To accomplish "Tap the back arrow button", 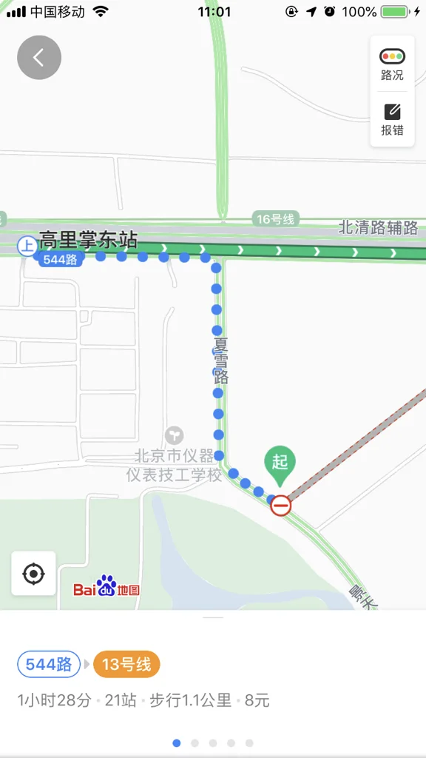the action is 39,57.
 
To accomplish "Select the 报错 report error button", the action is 392,120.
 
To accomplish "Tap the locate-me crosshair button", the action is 33,574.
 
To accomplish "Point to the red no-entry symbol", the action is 280,506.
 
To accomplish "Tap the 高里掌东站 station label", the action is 88,240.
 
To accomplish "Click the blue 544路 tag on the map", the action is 59,259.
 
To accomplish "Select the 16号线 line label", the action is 274,218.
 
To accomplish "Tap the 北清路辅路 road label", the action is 378,227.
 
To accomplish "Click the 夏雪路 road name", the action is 220,360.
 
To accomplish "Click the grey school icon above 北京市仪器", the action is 175,435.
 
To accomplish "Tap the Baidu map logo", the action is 106,588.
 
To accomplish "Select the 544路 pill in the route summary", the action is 49,665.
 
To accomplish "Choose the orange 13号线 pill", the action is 126,665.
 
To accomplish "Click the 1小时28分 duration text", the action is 54,700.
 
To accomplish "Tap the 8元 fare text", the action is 257,700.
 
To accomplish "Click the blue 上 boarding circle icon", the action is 27,246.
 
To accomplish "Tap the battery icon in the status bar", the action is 395,12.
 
